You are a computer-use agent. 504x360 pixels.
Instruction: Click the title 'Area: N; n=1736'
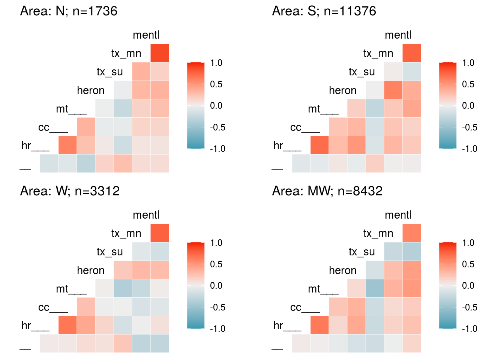click(69, 11)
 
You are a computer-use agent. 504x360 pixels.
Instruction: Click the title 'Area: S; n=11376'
click(324, 11)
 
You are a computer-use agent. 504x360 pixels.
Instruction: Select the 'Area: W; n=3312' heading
click(70, 191)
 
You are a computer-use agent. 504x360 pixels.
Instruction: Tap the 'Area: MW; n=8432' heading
click(327, 191)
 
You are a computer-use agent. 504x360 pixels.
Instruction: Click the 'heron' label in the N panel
click(91, 90)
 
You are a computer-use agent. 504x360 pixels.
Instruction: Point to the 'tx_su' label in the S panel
click(361, 72)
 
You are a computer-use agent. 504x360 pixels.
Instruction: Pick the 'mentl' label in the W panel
click(146, 215)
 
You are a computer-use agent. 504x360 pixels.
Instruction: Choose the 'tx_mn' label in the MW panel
click(378, 233)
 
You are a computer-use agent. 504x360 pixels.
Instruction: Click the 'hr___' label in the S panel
click(287, 145)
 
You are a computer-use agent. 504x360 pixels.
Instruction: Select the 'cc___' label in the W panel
click(53, 307)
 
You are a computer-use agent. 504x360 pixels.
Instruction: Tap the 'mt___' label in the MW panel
click(323, 289)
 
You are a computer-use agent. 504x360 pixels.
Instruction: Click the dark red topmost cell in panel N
click(160, 53)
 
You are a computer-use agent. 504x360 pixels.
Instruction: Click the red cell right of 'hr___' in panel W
click(67, 325)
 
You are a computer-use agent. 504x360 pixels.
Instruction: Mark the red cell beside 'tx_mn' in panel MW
click(412, 233)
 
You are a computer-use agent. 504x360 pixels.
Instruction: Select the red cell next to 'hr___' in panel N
click(67, 145)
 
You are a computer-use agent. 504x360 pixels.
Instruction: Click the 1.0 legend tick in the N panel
click(216, 63)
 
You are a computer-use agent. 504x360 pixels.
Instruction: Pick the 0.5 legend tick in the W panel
click(216, 264)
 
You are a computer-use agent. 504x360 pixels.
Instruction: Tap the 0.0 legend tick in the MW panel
click(468, 286)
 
